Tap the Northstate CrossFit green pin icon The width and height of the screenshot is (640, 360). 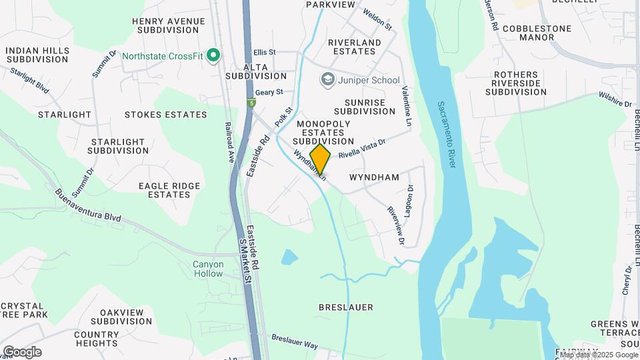(x=213, y=55)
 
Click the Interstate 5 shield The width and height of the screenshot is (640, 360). (x=251, y=103)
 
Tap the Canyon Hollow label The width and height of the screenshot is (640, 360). (x=209, y=269)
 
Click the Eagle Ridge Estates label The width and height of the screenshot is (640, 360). (x=169, y=190)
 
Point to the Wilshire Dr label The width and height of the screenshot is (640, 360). (x=615, y=100)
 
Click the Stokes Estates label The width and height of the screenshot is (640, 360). (x=166, y=115)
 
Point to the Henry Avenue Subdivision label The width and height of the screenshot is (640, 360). (x=169, y=25)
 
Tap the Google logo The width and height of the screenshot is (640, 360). (x=22, y=352)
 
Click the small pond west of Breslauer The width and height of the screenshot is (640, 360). (x=289, y=257)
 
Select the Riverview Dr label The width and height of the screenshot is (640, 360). (x=396, y=221)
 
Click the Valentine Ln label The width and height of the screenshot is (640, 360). (x=405, y=105)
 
